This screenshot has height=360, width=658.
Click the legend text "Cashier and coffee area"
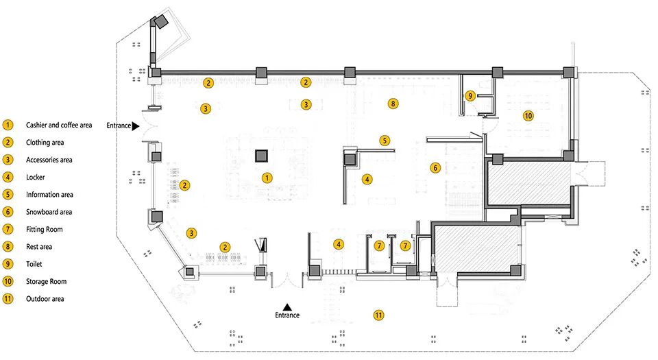tap(58, 125)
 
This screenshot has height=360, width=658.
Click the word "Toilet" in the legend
tap(36, 264)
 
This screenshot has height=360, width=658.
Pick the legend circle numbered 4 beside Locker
tap(8, 178)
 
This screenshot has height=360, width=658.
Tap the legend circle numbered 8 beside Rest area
tap(8, 247)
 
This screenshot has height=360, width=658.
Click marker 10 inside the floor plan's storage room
tap(528, 116)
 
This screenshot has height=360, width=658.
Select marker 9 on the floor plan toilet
tap(470, 96)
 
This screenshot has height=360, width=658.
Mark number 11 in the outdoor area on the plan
tap(378, 315)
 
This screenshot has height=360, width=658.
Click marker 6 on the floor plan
tap(434, 167)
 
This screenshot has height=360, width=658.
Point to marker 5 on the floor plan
tap(385, 140)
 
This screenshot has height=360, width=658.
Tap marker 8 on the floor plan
tap(393, 104)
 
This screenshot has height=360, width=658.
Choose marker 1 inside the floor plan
tap(267, 178)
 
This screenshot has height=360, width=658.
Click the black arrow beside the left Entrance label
tap(136, 126)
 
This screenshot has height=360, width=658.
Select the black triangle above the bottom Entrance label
tap(288, 307)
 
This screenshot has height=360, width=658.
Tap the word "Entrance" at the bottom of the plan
tap(287, 315)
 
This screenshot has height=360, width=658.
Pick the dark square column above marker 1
tap(261, 156)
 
